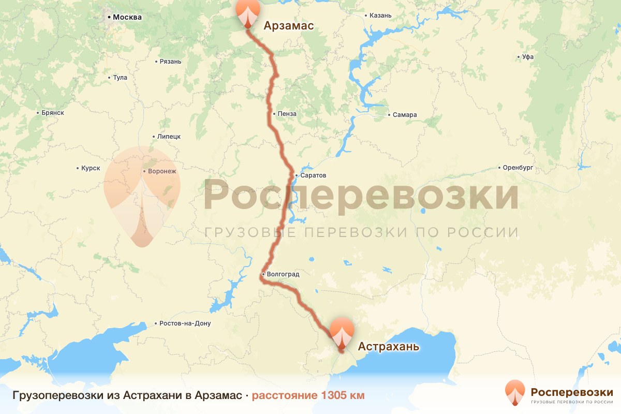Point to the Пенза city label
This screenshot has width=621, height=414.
287,113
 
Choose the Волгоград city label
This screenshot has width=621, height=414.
283,274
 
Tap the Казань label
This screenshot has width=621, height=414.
380,16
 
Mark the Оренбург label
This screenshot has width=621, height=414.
518,168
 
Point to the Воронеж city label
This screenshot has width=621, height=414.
162,171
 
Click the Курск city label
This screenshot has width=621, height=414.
91,168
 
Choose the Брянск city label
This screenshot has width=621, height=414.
52,113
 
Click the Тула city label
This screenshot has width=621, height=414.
120,78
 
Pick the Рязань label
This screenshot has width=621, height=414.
171,62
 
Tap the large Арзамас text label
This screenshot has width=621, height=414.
289,25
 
